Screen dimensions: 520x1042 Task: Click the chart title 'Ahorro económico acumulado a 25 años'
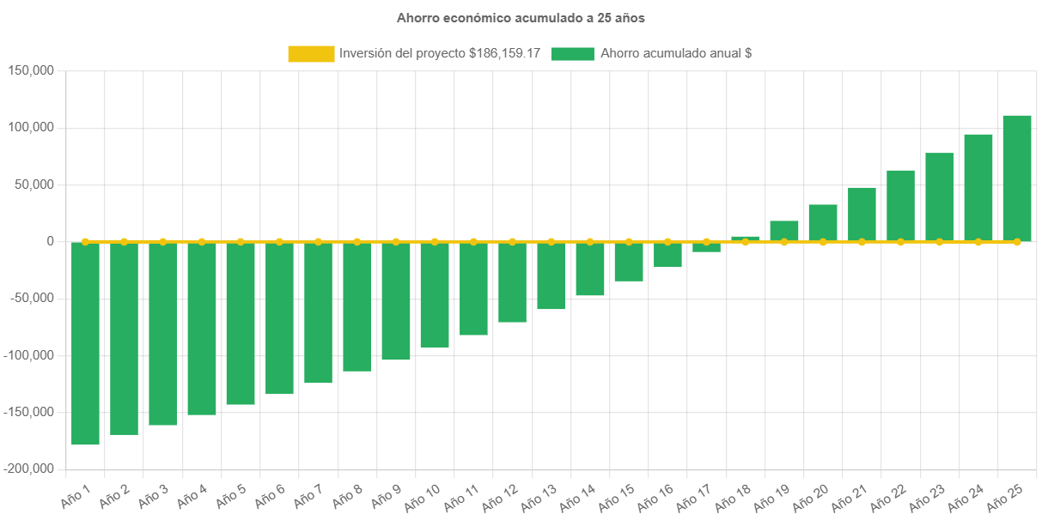point(521,17)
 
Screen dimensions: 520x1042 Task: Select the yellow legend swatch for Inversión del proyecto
point(311,53)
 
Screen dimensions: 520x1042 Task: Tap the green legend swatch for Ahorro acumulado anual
point(572,53)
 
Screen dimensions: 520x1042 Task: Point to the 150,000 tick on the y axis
point(31,70)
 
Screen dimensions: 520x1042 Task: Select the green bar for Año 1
point(85,343)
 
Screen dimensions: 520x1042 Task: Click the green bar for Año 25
point(1017,178)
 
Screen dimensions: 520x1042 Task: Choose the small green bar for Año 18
point(746,239)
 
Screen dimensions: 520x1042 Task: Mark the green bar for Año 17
point(706,247)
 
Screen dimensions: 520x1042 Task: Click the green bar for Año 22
point(900,206)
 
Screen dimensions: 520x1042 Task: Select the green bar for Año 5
point(241,323)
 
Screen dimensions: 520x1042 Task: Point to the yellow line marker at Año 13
point(551,242)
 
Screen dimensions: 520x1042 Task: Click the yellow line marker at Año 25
point(1017,242)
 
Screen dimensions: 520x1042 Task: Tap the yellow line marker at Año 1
point(85,242)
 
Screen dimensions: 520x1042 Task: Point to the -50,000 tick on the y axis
point(31,298)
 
